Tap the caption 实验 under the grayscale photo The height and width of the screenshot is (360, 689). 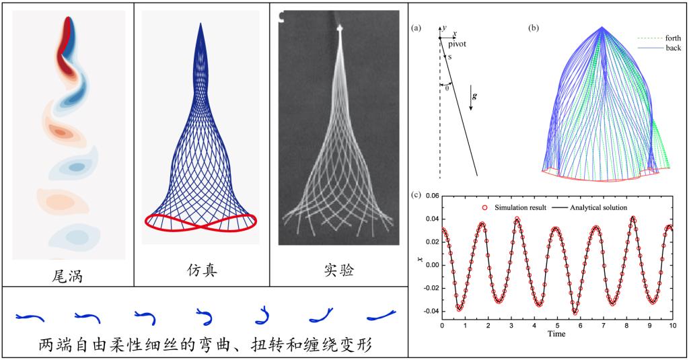[x=339, y=272]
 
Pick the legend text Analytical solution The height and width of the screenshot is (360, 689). [x=600, y=208]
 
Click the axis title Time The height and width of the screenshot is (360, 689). [x=556, y=334]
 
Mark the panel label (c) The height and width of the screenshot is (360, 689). [x=416, y=196]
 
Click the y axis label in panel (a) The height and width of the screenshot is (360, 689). [x=444, y=28]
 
